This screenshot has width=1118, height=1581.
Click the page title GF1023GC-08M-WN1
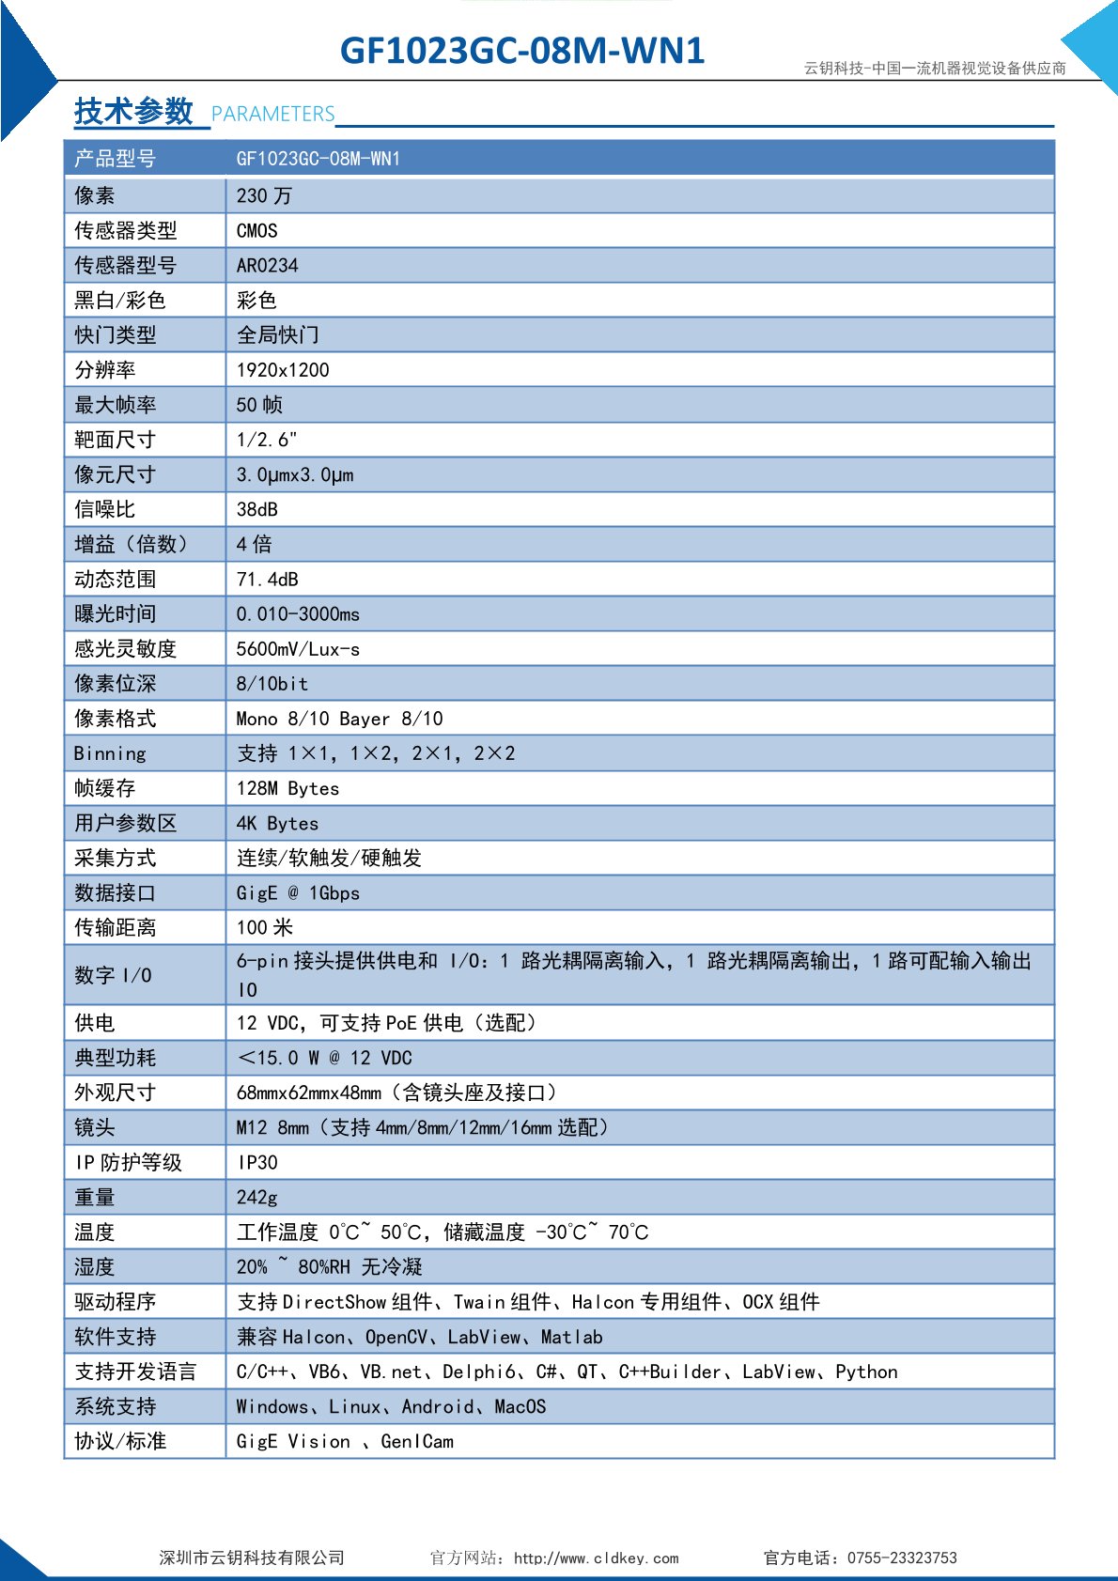pos(521,51)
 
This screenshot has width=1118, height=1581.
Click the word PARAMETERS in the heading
pos(272,115)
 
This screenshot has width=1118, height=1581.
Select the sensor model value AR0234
pos(267,266)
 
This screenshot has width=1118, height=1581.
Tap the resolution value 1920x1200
pos(283,370)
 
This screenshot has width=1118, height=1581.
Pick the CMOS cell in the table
pos(256,231)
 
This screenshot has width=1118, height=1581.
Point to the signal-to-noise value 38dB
pos(256,510)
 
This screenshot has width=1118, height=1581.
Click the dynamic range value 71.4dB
pos(267,580)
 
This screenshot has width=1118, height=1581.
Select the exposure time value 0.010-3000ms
pos(298,614)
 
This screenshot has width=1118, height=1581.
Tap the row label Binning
pos(110,753)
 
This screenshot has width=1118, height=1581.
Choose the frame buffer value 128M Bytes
pos(287,789)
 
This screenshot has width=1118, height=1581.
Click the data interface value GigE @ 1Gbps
pos(298,893)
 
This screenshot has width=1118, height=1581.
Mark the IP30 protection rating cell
pos(257,1163)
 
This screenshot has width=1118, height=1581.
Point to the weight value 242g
pos(256,1198)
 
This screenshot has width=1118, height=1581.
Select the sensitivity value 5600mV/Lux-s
pos(298,649)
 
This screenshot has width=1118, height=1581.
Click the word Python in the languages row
pos(866,1372)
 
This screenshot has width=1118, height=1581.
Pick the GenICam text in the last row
pos(417,1442)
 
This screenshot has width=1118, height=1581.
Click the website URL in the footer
pos(596,1558)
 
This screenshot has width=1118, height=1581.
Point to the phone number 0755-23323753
pos(902,1558)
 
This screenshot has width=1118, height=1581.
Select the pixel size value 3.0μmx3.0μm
pos(295,475)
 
